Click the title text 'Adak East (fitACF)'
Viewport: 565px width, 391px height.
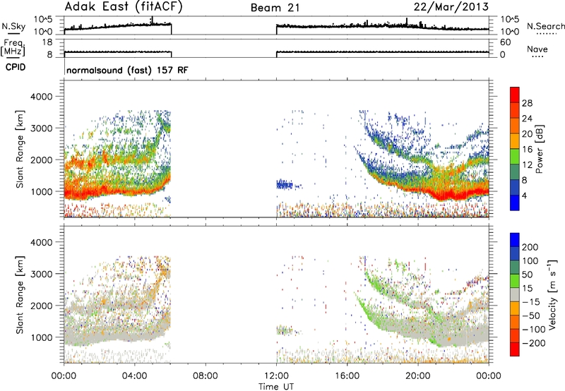point(119,7)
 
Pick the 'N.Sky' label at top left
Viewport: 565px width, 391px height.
point(13,26)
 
